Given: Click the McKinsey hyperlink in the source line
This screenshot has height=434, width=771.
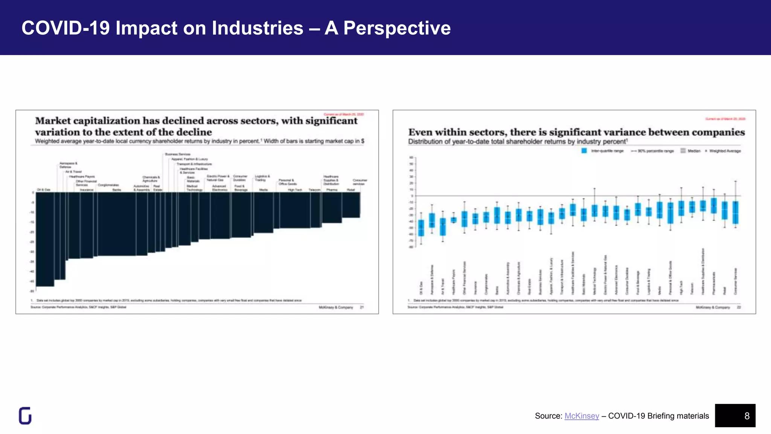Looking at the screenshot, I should coord(582,416).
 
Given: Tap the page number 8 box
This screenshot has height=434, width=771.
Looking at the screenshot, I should coord(735,416).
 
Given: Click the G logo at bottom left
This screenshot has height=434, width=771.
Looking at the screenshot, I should coord(25,416).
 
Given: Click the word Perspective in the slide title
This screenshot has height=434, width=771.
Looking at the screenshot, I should coord(397,28).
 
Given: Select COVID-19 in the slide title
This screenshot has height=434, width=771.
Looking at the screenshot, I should coord(66,28).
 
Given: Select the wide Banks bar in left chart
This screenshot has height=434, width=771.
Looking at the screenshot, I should coord(117,224).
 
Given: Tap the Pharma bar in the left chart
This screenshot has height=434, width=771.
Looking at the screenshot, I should coord(332,207).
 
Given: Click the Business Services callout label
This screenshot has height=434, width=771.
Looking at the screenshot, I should coord(178,154).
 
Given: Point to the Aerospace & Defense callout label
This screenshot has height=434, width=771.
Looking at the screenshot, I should coord(68,165).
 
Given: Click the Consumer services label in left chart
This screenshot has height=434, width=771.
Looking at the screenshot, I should coord(360,182).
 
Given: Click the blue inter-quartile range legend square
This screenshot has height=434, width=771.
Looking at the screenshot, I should coord(584,151).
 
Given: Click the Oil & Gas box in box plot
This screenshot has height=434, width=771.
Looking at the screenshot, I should coord(421,228).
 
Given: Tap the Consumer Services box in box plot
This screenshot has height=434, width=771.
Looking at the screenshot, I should coord(735,213).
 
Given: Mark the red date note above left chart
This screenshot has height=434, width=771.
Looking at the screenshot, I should coord(344,114).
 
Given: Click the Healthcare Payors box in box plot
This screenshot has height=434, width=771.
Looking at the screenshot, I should coord(454,220).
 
